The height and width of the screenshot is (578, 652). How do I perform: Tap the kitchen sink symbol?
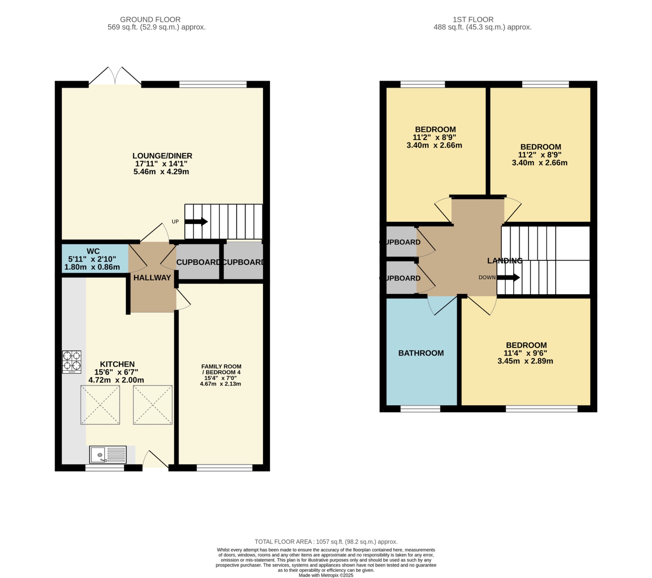[108, 454]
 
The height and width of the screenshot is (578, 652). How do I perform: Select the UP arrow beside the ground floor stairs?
[196, 222]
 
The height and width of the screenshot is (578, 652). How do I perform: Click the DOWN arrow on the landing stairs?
[508, 277]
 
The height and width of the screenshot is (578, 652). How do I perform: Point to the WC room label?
[93, 251]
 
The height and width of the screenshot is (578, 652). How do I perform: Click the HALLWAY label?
[152, 278]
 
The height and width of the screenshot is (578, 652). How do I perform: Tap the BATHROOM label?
[421, 353]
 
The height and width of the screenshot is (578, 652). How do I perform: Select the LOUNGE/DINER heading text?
[162, 156]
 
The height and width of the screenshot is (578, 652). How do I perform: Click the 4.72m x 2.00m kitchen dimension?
[116, 380]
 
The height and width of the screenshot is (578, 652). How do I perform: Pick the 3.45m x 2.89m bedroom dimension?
[525, 361]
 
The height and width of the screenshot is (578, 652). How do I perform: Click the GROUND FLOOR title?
[150, 19]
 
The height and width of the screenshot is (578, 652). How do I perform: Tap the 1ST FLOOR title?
[473, 19]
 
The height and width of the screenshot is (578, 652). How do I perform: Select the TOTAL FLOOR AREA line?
[326, 542]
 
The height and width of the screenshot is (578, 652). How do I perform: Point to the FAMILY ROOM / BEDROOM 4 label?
[221, 369]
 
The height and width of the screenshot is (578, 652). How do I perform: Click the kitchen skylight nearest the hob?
[100, 405]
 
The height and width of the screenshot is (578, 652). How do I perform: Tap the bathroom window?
[420, 409]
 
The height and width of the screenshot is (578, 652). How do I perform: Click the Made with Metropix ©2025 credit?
[326, 575]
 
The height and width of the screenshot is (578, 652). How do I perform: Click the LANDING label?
[505, 261]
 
